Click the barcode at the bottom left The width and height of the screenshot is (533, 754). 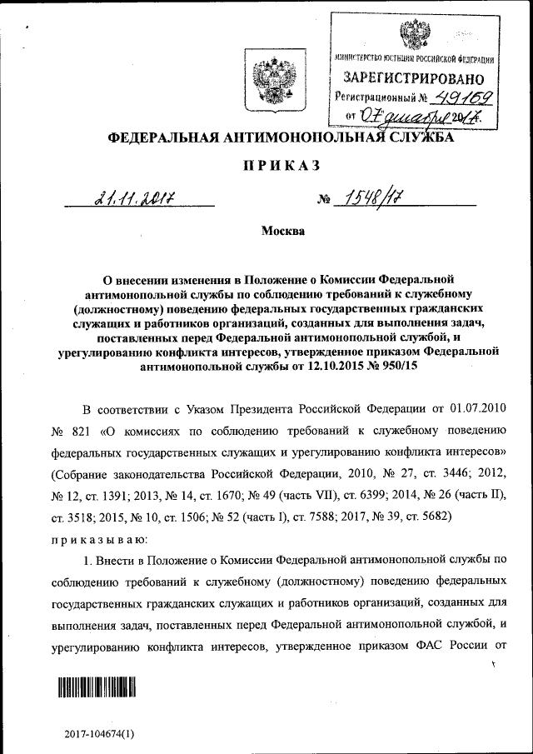tap(97, 687)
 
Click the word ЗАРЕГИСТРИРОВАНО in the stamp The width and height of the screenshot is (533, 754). tap(409, 77)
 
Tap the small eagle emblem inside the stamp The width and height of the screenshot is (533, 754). tap(411, 36)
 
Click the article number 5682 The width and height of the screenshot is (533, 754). tap(430, 517)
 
